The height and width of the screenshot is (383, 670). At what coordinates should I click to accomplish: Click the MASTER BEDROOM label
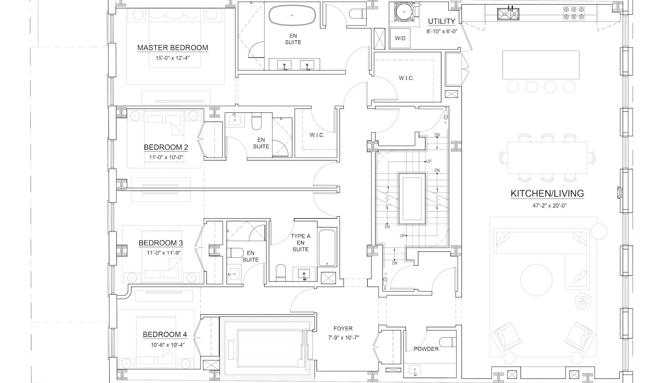click(x=173, y=48)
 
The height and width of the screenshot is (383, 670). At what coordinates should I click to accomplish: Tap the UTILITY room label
click(x=441, y=21)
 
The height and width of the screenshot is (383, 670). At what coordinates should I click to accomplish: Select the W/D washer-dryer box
click(x=400, y=38)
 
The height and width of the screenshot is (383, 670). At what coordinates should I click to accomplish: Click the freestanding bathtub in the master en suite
click(x=292, y=15)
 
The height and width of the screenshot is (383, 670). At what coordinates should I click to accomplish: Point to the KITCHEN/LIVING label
click(x=547, y=194)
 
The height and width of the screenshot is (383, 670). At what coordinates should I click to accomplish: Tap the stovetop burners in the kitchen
click(x=574, y=13)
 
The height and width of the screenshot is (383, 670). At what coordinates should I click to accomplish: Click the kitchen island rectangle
click(x=541, y=65)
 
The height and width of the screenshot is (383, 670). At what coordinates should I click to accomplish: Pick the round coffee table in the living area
click(x=536, y=280)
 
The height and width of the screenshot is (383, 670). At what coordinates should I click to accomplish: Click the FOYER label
click(x=343, y=329)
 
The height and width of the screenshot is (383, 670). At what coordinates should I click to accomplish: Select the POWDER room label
click(x=426, y=349)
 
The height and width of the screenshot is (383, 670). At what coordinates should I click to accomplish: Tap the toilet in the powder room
click(x=448, y=342)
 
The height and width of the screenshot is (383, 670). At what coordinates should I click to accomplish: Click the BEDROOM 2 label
click(x=166, y=147)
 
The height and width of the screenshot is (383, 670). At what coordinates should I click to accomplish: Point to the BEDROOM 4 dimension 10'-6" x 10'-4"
click(x=168, y=345)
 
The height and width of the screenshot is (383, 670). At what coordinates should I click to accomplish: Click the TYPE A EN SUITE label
click(x=301, y=243)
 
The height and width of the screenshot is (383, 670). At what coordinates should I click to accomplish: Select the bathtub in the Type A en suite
click(x=327, y=248)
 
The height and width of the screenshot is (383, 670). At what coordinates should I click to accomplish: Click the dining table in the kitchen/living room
click(x=547, y=158)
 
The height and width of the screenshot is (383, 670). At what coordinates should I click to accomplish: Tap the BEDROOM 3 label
click(x=161, y=243)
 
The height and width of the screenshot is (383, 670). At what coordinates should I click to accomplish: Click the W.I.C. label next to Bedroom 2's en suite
click(x=317, y=135)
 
